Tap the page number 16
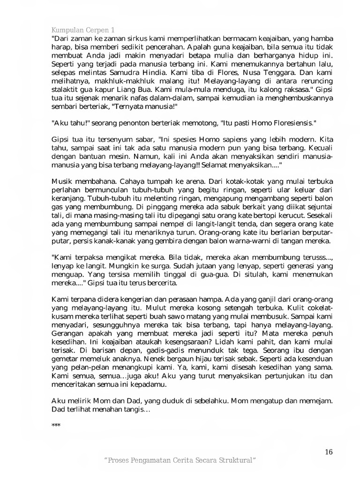[x=329, y=452]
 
